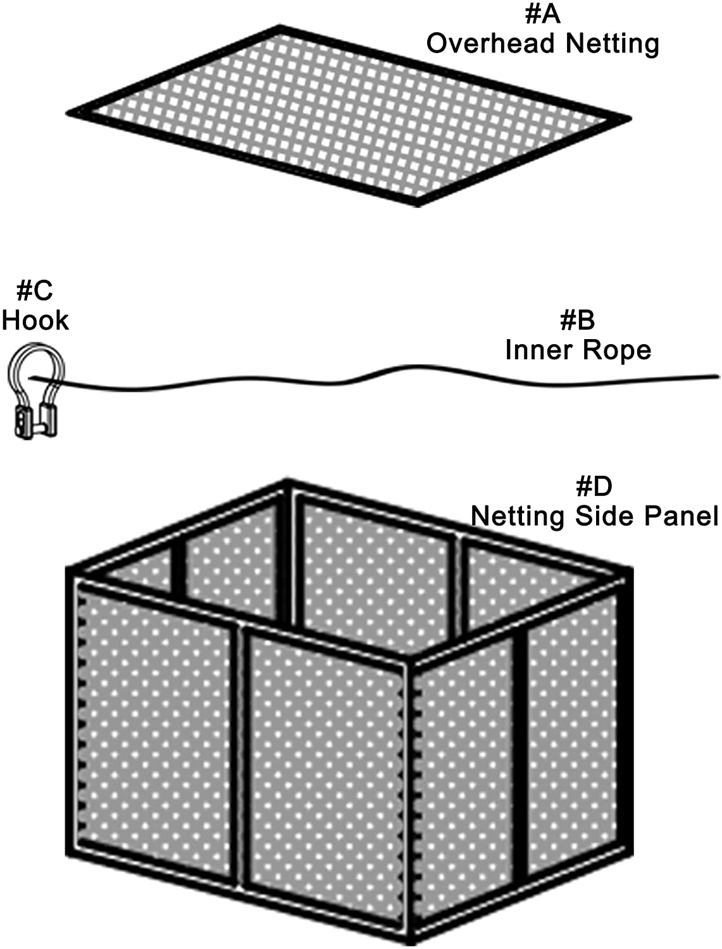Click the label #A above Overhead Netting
point(542,14)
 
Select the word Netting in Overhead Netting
point(612,44)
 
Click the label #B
point(577,321)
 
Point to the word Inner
point(535,350)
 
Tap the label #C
point(34,291)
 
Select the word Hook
point(35,320)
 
